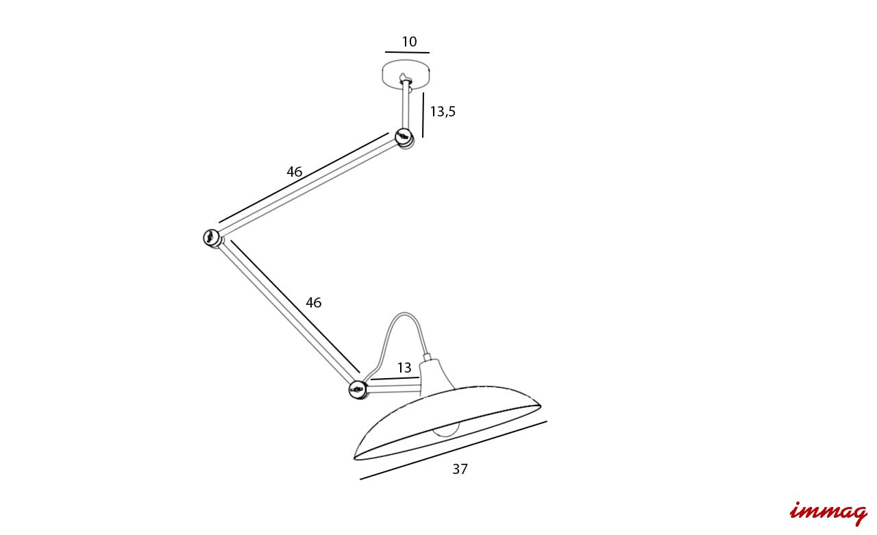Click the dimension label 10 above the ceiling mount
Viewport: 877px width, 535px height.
coord(409,42)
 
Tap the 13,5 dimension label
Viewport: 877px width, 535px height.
coord(443,112)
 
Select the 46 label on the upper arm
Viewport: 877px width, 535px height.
coord(295,171)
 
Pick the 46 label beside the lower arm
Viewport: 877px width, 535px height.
coord(314,303)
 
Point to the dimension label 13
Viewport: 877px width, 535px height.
coord(404,368)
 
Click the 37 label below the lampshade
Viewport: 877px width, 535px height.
coord(460,469)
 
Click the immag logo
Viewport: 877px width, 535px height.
coord(828,512)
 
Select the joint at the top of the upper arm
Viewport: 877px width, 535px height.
coord(404,138)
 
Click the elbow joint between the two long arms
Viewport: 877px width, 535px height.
coord(212,238)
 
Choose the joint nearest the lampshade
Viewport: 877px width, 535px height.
coord(358,389)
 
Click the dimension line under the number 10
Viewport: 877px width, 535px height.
coord(407,52)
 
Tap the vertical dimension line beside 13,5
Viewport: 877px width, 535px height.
coord(423,115)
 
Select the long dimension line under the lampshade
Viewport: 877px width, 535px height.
coord(454,450)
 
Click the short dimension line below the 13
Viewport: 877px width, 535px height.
coord(395,378)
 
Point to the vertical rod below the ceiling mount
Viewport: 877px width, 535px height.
coord(406,105)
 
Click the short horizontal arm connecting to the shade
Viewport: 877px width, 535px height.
coord(393,388)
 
